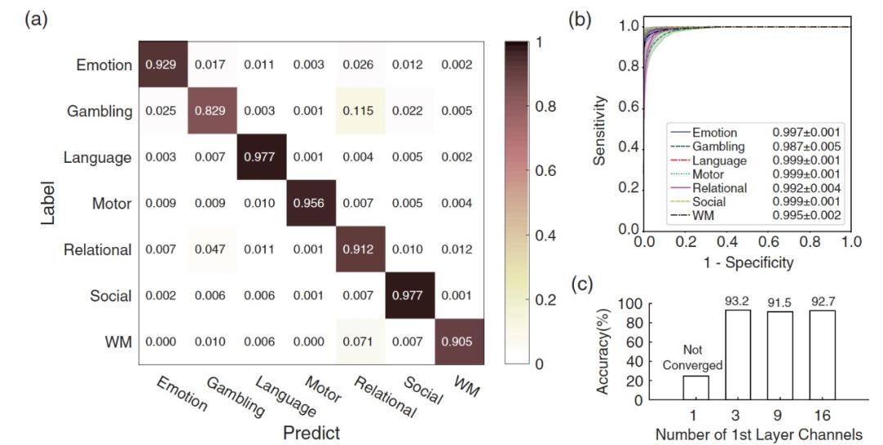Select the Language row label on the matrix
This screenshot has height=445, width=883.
click(98, 157)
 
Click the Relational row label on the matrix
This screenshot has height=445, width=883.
click(98, 249)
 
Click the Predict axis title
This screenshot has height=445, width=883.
click(312, 431)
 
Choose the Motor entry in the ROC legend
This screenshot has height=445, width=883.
click(708, 173)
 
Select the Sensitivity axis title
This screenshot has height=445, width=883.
click(601, 131)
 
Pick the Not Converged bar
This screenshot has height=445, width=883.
click(696, 387)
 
